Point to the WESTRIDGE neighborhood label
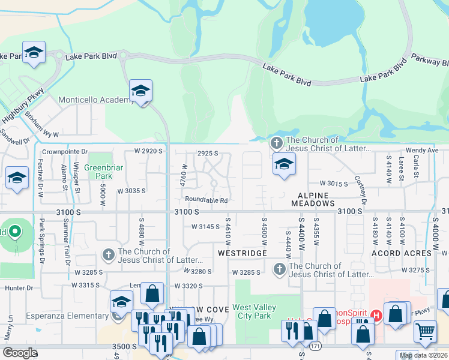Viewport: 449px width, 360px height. click(241, 253)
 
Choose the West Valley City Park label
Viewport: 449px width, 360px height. click(255, 312)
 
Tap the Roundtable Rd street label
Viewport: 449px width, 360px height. click(206, 200)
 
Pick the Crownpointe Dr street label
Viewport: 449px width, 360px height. click(65, 152)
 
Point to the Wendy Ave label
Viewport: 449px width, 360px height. click(422, 150)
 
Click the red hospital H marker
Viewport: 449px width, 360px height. click(376, 314)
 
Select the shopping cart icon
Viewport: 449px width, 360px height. click(425, 329)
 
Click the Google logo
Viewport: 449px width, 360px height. click(20, 353)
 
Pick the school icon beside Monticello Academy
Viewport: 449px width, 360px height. click(140, 91)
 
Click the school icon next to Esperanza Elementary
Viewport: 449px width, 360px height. click(121, 301)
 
